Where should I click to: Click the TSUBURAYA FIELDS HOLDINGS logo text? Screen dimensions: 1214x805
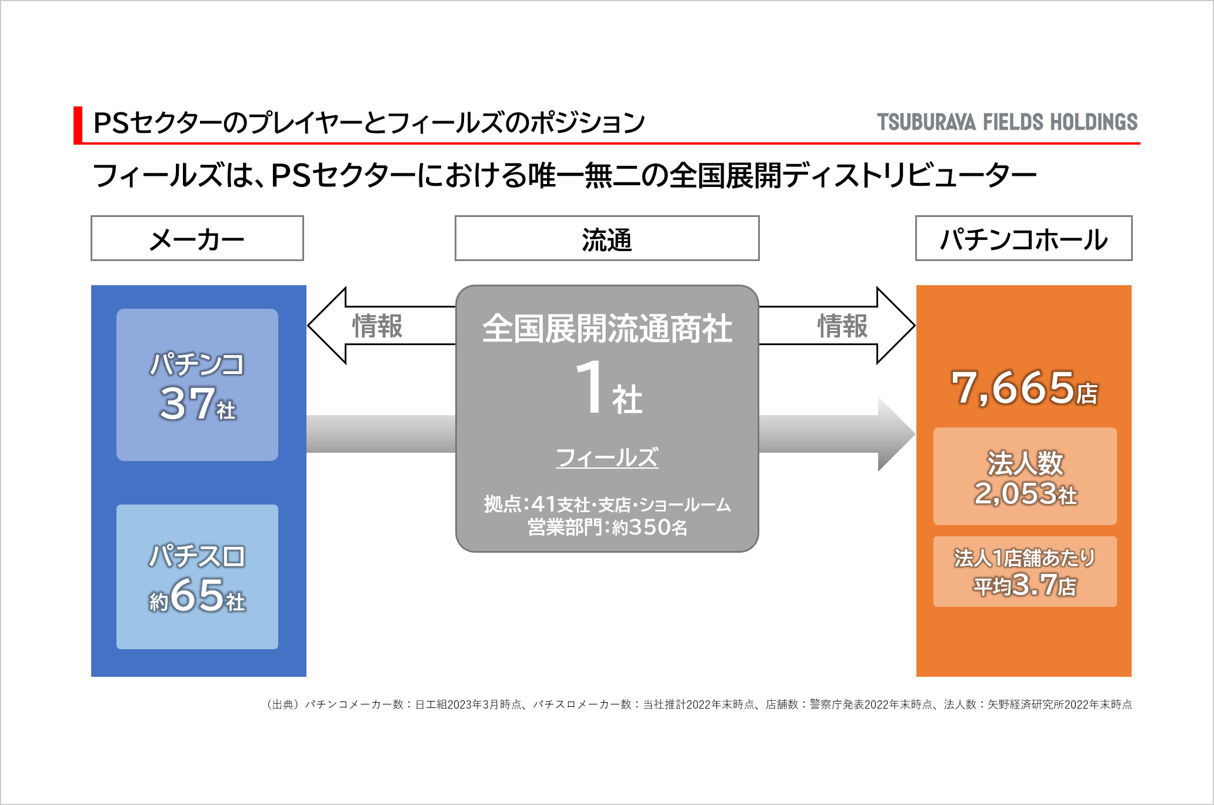point(1007,122)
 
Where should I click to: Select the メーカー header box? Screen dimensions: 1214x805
point(197,238)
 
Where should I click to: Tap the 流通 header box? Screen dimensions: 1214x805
point(607,238)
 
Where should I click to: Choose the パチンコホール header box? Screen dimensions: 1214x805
point(1023,238)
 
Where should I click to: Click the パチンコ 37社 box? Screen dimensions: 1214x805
point(197,385)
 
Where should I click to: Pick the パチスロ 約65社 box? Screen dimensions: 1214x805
point(197,577)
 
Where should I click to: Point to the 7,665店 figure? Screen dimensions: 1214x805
point(1024,388)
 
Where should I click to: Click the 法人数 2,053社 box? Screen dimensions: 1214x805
point(1025,476)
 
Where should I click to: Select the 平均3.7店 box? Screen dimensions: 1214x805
point(1025,572)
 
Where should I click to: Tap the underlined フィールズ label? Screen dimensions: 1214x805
point(607,457)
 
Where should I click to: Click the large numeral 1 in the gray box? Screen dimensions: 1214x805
point(590,386)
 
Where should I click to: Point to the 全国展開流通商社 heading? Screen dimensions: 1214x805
point(607,328)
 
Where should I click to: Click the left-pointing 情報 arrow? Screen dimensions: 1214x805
point(382,325)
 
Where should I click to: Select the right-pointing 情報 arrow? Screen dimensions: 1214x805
point(837,325)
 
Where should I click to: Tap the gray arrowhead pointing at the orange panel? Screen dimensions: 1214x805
point(896,434)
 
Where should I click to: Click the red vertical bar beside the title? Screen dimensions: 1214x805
point(78,125)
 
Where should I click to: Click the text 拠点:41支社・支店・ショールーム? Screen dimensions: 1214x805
point(607,504)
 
